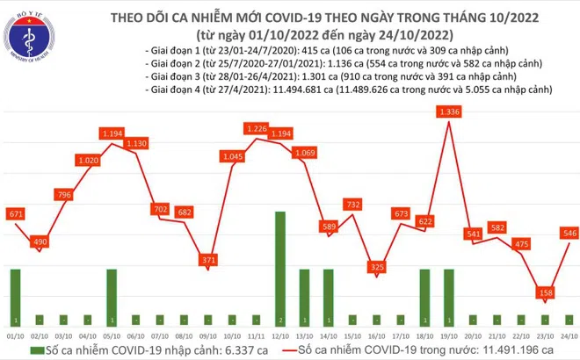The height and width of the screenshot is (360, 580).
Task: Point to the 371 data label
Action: tap(207, 261)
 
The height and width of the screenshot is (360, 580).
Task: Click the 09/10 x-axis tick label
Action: tap(207, 334)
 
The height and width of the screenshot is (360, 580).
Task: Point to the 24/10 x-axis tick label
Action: tap(568, 334)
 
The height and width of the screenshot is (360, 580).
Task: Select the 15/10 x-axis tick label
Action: tap(352, 334)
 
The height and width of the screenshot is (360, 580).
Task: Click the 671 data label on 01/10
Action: tap(17, 215)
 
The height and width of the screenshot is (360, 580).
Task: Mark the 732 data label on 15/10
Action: tap(352, 204)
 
